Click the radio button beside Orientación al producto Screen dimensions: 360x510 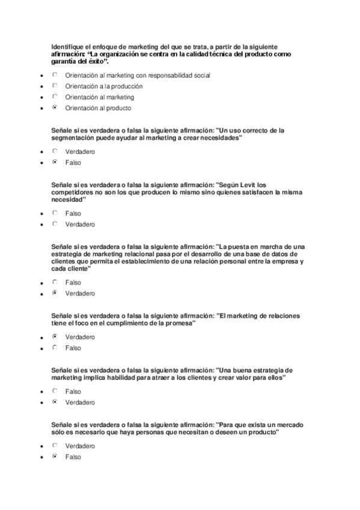(x=55, y=108)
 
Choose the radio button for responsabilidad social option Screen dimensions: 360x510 (x=55, y=75)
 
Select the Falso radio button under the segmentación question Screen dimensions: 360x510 (x=55, y=162)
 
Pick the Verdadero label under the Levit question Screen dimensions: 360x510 (x=80, y=224)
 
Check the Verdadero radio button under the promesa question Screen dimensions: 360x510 (x=55, y=337)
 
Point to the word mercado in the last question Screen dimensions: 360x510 (x=284, y=425)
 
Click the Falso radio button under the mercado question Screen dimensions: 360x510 (x=55, y=456)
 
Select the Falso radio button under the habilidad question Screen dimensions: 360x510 (x=55, y=391)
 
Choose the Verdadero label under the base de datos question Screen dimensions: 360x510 (x=80, y=293)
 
